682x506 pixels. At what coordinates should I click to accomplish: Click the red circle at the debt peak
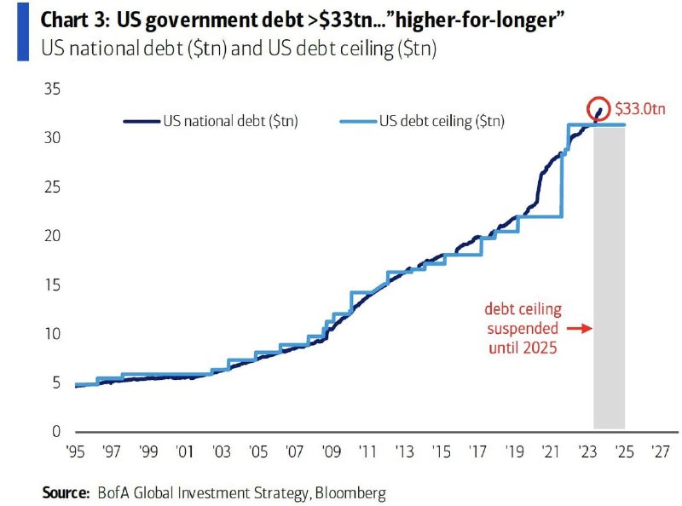pyautogui.click(x=598, y=108)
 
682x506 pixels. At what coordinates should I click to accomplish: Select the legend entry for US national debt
pyautogui.click(x=213, y=122)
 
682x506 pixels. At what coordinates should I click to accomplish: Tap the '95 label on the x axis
pyautogui.click(x=76, y=450)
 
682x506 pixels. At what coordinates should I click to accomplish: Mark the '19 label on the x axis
pyautogui.click(x=513, y=450)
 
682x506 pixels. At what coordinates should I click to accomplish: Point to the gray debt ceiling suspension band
pyautogui.click(x=609, y=281)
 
